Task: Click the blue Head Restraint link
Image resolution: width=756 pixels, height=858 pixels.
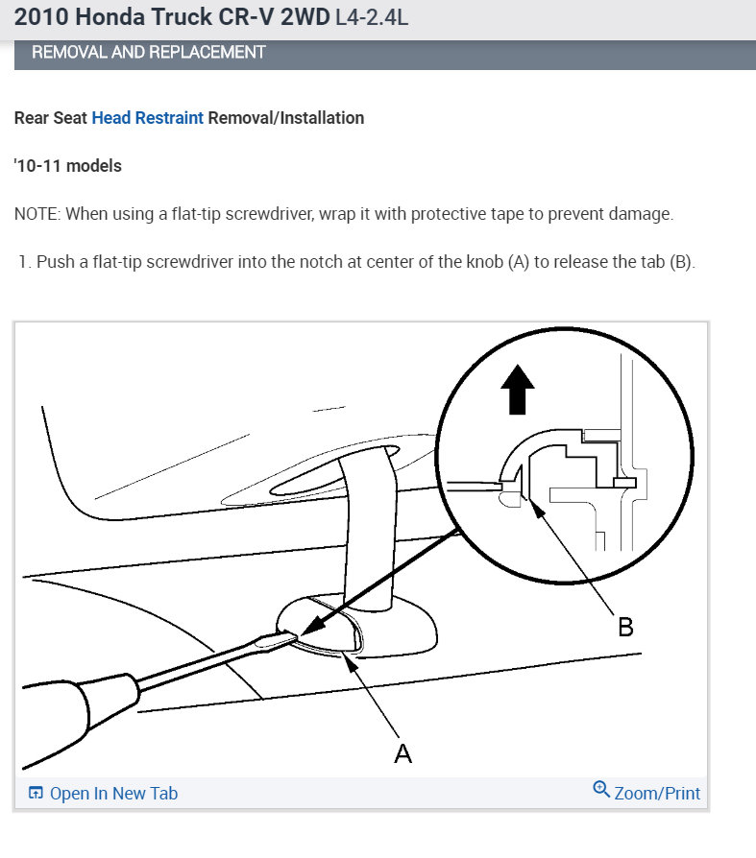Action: pos(147,118)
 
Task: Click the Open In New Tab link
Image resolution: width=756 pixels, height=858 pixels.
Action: pos(113,794)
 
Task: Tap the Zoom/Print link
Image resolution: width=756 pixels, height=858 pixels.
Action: pos(657,794)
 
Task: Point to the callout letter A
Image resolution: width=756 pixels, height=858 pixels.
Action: pos(403,753)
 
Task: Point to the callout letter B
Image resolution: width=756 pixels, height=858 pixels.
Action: pos(624,627)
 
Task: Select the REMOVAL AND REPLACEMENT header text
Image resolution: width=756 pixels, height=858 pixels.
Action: pos(148,52)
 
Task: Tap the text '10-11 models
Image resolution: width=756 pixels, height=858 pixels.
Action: pos(68,166)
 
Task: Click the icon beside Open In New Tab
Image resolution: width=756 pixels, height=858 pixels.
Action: pos(36,794)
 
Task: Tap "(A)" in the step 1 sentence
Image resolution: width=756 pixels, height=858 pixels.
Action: pos(517,262)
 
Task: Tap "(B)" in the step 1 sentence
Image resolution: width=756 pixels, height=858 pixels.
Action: pos(680,262)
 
